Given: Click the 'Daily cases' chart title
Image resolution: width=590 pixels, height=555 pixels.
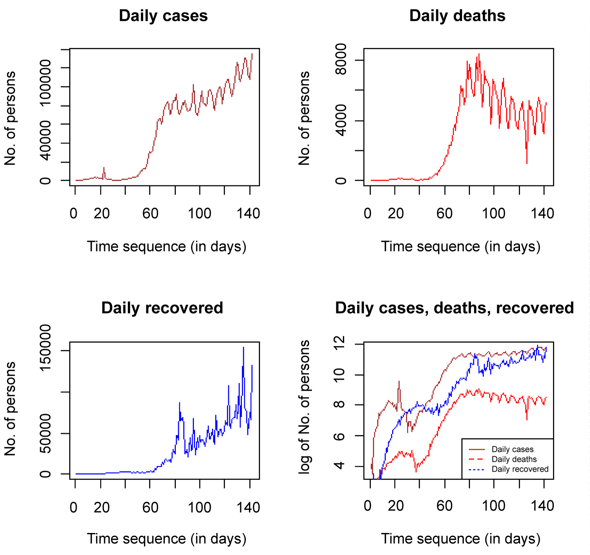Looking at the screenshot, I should pyautogui.click(x=163, y=16).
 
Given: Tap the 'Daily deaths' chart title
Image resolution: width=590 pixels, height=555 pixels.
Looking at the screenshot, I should pyautogui.click(x=457, y=16).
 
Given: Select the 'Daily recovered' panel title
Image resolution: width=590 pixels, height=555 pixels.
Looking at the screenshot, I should pyautogui.click(x=162, y=308).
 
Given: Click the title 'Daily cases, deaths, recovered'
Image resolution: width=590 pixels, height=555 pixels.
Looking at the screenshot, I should pyautogui.click(x=454, y=308).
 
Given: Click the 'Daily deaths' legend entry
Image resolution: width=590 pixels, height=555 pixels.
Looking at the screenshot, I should pyautogui.click(x=514, y=459).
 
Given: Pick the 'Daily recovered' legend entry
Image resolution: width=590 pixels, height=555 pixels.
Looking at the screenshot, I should pyautogui.click(x=520, y=469).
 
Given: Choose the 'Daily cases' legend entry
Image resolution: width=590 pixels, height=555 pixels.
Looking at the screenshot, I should pyautogui.click(x=512, y=450).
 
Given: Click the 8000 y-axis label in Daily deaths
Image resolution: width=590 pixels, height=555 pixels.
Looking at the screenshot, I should pyautogui.click(x=340, y=60).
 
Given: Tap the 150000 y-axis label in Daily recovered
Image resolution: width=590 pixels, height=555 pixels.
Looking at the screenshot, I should pyautogui.click(x=46, y=347).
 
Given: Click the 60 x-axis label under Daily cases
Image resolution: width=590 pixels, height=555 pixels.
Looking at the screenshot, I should pyautogui.click(x=150, y=214).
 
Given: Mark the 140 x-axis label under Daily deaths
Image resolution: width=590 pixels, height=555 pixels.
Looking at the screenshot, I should pyautogui.click(x=542, y=214).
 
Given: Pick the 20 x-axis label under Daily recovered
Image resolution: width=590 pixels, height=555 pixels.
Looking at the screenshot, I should pyautogui.click(x=101, y=508).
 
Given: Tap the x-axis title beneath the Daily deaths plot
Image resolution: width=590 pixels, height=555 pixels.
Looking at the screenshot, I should pyautogui.click(x=461, y=247).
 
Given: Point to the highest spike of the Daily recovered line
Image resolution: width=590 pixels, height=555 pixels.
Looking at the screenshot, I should pyautogui.click(x=243, y=348).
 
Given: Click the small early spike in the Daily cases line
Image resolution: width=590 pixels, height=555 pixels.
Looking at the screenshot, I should pyautogui.click(x=104, y=168).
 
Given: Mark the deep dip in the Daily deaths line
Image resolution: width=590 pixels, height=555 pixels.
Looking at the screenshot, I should pyautogui.click(x=527, y=163).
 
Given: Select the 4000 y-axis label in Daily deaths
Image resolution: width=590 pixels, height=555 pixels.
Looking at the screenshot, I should pyautogui.click(x=340, y=120).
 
